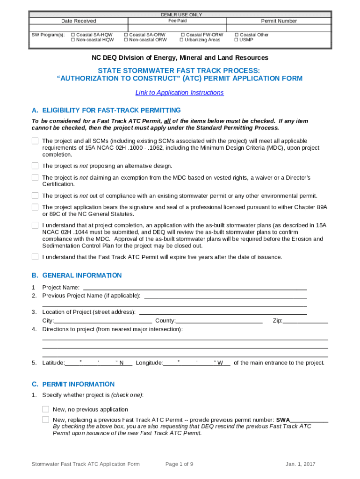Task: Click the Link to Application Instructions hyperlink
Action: pos(180,93)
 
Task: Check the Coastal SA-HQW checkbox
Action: pos(73,35)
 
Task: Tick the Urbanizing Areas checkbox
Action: pos(181,40)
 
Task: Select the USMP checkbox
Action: pos(237,40)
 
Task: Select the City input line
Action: pos(103,320)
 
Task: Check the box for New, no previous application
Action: pos(46,409)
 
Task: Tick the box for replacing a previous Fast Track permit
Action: pos(46,419)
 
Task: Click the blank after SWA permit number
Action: pos(309,420)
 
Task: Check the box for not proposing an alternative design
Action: pos(35,166)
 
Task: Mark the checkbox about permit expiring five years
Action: pos(35,256)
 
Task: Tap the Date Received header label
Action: pos(79,21)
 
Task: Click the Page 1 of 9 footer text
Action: pos(180,464)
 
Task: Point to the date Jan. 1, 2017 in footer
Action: pos(301,464)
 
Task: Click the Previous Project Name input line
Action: pos(225,296)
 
